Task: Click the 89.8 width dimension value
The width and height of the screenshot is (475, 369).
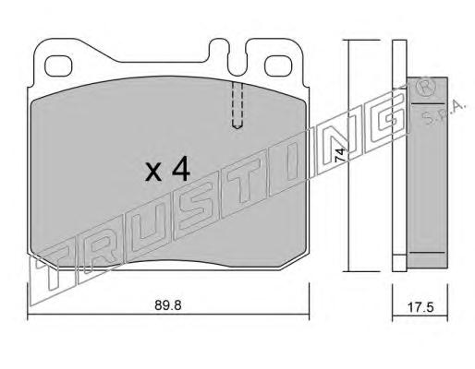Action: [168, 305]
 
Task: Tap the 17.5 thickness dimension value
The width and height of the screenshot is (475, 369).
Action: [420, 307]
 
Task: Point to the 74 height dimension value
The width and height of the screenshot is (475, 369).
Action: [339, 155]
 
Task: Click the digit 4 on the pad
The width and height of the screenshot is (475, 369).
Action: [181, 168]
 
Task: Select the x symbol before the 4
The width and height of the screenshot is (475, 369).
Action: [153, 172]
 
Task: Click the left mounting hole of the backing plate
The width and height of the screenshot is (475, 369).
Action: [58, 65]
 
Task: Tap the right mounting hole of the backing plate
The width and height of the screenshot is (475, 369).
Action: [278, 65]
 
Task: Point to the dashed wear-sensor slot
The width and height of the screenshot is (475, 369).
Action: [237, 105]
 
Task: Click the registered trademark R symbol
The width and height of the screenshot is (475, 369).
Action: [426, 88]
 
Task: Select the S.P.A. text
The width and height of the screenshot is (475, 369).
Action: [444, 113]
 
